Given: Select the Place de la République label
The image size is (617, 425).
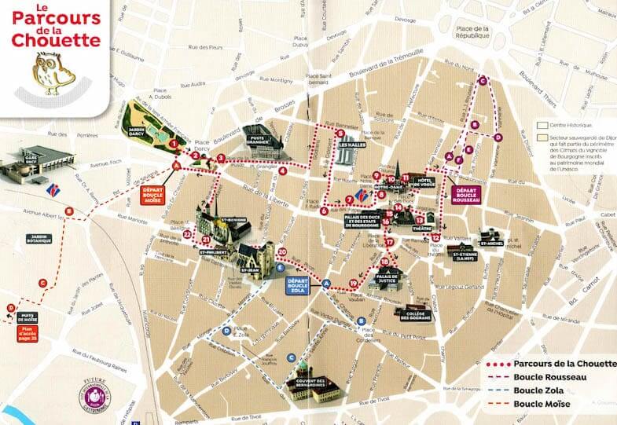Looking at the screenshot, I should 476,33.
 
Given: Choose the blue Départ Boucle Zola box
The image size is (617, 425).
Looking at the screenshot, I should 298,285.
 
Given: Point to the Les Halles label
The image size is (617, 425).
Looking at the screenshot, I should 351,145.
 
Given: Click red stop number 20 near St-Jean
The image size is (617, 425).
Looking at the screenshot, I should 283,251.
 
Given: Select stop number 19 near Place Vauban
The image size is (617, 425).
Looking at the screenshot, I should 354,283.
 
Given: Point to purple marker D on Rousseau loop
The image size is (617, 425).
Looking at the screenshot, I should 498,137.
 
